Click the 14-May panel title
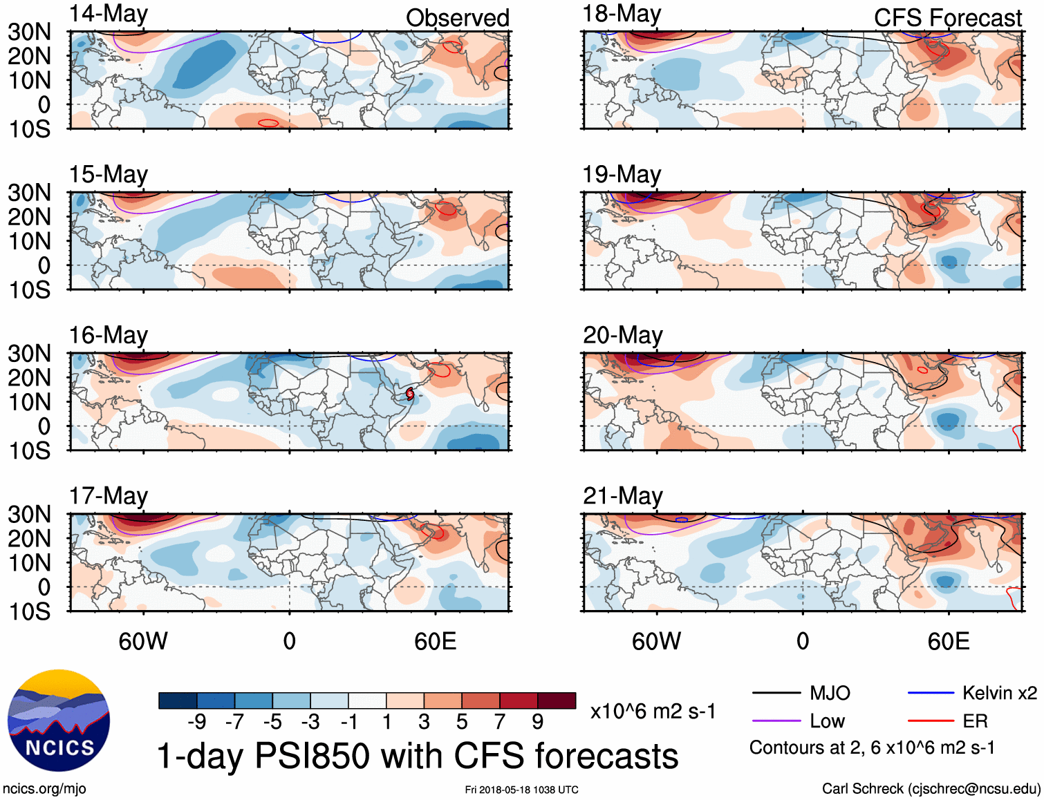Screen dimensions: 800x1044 click(x=109, y=15)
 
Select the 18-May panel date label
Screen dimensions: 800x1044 click(x=622, y=15)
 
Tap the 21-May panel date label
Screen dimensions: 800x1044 click(x=622, y=496)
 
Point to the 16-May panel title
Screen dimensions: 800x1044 click(x=109, y=336)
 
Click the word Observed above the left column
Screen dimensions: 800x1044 click(x=457, y=18)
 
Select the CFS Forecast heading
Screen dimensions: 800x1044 click(x=947, y=18)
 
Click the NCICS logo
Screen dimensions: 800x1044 click(x=59, y=721)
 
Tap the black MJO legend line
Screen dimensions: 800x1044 click(x=776, y=693)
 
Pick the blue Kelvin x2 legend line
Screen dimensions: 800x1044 click(x=931, y=693)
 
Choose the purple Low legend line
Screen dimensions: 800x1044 click(x=776, y=721)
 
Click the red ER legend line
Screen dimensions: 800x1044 click(x=931, y=721)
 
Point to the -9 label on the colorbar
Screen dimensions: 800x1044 click(x=197, y=722)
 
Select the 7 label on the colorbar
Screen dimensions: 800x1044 click(x=500, y=722)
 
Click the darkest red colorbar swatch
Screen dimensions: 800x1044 click(x=557, y=701)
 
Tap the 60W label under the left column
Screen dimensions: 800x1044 click(x=143, y=641)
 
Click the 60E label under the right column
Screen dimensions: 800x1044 click(x=948, y=641)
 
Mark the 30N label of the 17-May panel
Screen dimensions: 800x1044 click(x=30, y=515)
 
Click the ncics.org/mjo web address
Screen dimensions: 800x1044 click(x=44, y=789)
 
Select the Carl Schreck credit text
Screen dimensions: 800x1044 click(x=931, y=789)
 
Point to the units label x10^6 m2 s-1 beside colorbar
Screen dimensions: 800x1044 click(x=653, y=711)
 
